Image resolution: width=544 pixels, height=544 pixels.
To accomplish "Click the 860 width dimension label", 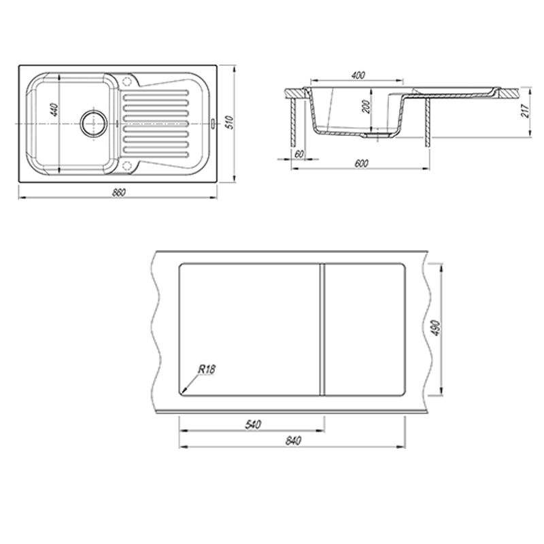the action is (x=119, y=192).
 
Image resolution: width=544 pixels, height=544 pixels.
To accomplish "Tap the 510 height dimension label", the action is (x=230, y=123).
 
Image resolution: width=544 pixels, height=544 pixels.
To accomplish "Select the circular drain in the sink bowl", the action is (x=94, y=123).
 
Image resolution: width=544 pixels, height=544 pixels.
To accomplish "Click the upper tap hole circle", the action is (x=127, y=82).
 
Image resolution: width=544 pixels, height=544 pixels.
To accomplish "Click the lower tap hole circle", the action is (x=127, y=165).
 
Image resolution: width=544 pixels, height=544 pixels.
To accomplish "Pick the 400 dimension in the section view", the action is (x=358, y=75).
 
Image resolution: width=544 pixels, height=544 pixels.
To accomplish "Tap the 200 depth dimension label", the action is (x=366, y=107).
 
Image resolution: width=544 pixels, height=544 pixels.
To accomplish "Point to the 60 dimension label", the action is (x=299, y=154).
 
